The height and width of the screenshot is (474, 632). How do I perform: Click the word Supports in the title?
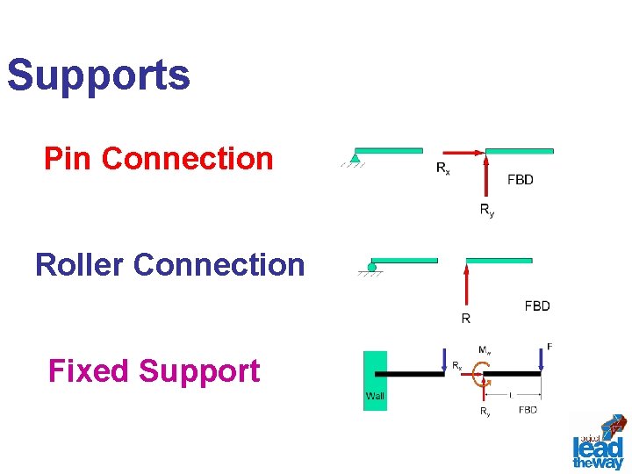tap(98, 75)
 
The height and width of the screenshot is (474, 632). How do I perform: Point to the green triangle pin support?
tap(355, 158)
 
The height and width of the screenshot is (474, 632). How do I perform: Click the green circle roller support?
tap(372, 267)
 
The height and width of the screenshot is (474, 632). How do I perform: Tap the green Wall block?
tap(375, 380)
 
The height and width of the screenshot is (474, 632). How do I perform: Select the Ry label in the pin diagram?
tap(486, 210)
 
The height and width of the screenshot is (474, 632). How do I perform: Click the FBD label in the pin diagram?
tap(521, 180)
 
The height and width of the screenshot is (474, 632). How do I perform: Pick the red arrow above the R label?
tap(466, 285)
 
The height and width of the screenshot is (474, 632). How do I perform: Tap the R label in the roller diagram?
tap(466, 319)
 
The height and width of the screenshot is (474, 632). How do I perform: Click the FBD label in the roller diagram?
tap(537, 306)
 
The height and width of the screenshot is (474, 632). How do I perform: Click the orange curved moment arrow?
tap(479, 377)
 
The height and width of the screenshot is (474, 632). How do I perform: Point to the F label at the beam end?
tap(549, 348)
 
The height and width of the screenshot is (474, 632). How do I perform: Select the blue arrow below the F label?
tap(541, 361)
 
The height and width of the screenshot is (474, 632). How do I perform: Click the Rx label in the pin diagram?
tap(443, 168)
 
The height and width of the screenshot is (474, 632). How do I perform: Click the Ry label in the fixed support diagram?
tap(485, 411)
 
